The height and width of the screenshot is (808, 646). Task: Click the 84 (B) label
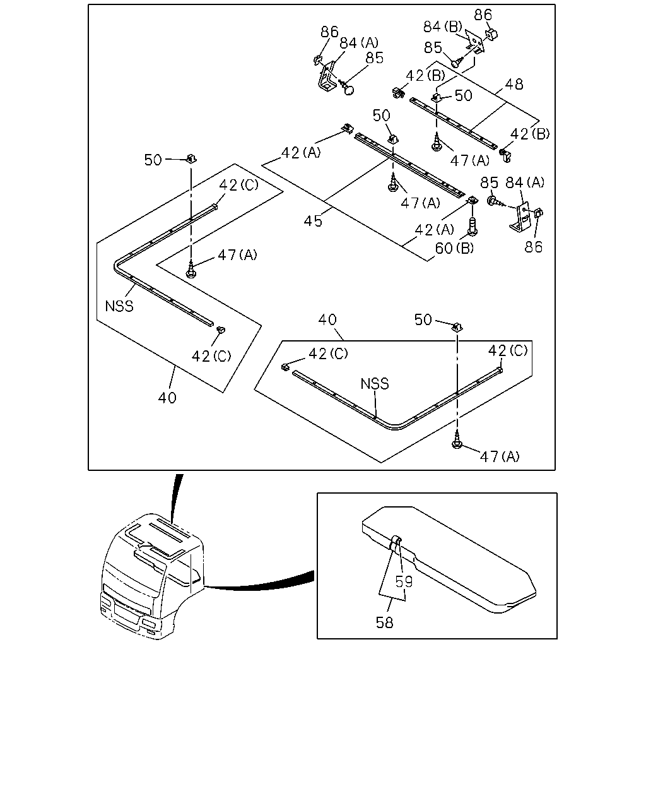443,27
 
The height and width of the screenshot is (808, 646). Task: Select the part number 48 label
514,84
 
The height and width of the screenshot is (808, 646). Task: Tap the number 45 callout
313,221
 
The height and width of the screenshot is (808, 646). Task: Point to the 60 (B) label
454,248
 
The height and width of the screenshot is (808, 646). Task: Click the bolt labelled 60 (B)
473,226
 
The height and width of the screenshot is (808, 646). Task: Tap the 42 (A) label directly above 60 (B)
434,229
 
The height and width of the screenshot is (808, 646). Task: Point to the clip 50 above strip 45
392,140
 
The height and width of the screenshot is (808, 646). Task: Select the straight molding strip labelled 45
410,165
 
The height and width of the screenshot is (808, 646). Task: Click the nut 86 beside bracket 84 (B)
491,35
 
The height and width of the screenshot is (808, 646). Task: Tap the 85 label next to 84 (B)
433,48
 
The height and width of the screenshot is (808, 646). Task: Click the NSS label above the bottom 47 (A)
375,384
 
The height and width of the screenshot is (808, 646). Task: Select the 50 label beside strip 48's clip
464,96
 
